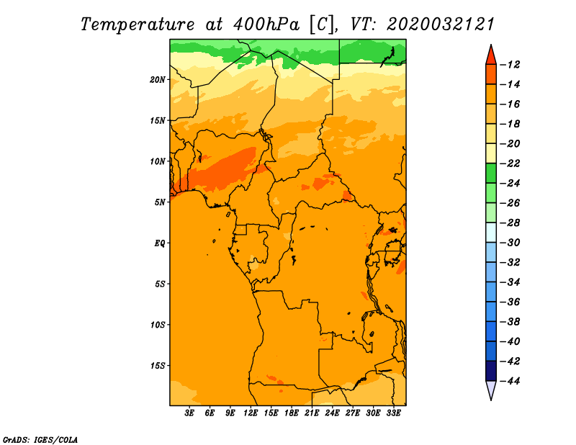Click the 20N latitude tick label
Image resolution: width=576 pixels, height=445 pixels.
158,80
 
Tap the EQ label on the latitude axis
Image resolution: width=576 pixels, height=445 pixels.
160,243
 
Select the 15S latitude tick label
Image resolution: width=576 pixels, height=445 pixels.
158,366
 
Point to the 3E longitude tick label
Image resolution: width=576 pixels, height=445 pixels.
189,413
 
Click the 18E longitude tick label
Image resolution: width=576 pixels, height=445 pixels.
292,413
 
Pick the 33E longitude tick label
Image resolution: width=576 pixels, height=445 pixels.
393,413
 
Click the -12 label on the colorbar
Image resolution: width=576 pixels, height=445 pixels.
510,65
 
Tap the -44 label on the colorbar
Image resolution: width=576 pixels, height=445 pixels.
510,381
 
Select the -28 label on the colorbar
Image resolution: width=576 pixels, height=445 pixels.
510,223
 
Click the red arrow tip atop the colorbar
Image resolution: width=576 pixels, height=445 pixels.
491,45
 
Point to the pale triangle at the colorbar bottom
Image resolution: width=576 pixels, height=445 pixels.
491,390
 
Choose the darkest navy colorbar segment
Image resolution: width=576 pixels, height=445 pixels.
491,371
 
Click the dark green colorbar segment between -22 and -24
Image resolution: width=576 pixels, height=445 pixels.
491,174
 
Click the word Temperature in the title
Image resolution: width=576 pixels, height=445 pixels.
138,24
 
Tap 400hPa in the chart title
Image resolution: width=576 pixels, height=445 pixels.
266,24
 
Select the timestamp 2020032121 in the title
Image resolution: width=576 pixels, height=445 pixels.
441,24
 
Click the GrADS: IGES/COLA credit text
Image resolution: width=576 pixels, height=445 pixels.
40,440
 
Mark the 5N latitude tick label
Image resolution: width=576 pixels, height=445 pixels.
160,202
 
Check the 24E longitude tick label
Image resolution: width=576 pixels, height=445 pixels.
332,413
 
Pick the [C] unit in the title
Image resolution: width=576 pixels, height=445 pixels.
322,24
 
